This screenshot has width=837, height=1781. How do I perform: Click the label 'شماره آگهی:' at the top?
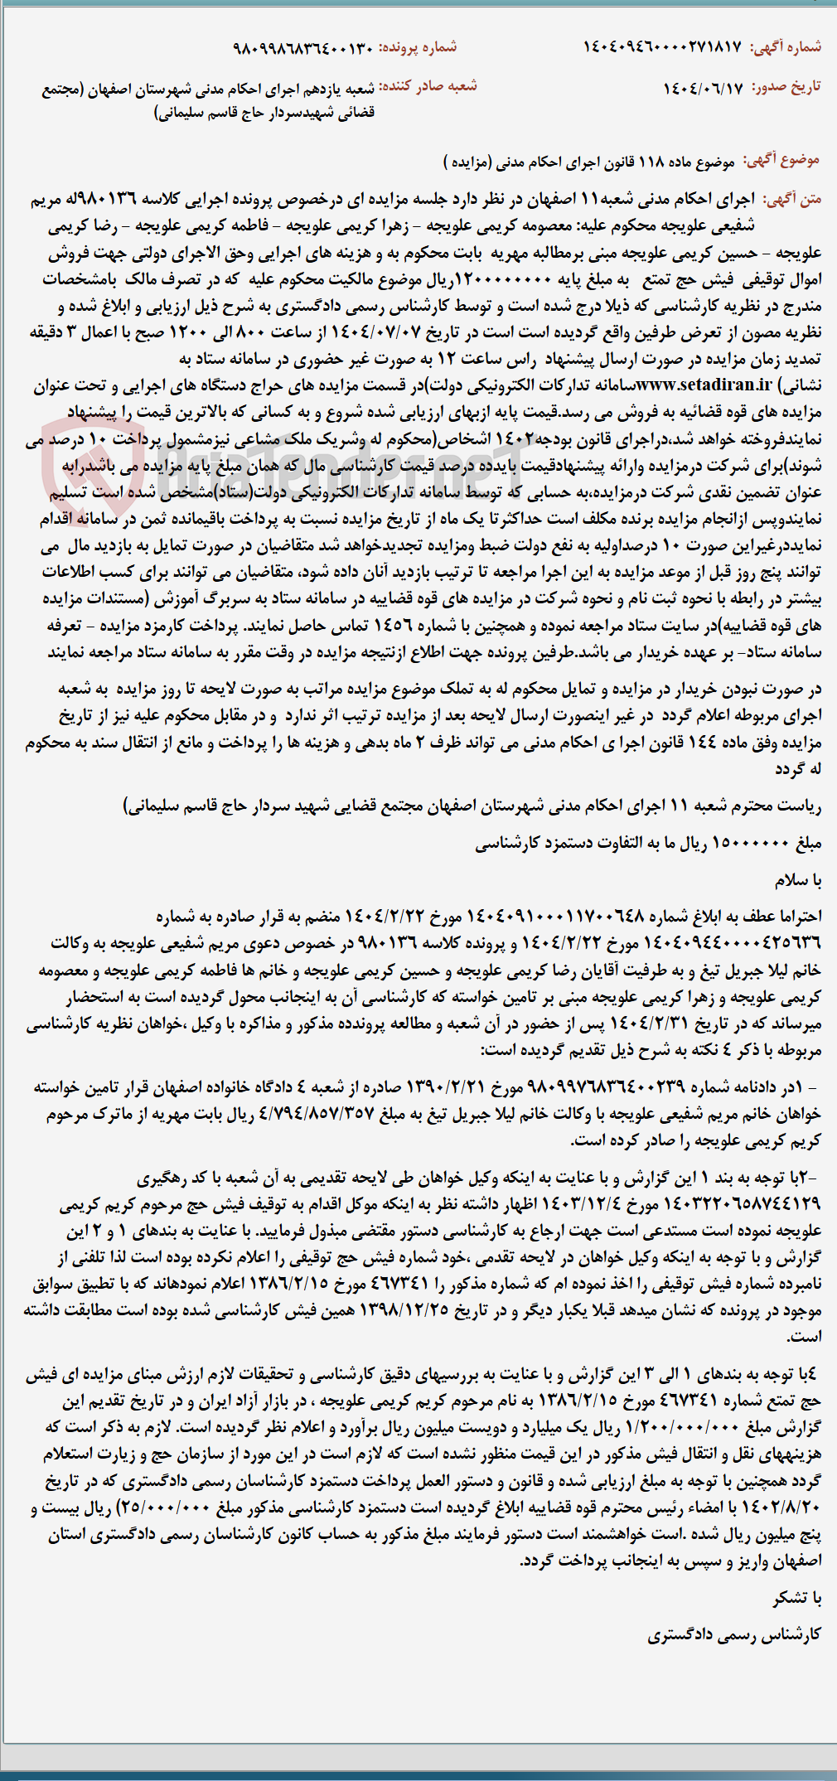click(x=786, y=47)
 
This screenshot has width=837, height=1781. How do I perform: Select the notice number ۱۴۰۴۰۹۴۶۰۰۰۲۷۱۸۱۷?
click(x=662, y=47)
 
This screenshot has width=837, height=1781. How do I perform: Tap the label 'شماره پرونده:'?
click(x=418, y=47)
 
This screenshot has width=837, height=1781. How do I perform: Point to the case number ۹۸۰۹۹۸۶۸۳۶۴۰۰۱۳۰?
click(x=302, y=47)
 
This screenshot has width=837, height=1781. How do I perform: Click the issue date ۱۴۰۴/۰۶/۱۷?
click(x=703, y=88)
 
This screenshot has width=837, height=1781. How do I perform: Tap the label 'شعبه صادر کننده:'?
click(x=428, y=86)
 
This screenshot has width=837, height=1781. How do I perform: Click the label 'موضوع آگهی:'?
click(x=781, y=160)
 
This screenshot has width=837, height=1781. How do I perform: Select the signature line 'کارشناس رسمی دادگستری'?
click(x=734, y=1634)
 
